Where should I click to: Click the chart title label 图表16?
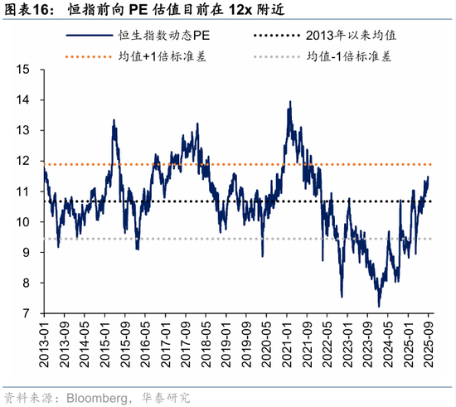30,12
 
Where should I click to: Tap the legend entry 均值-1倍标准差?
348,58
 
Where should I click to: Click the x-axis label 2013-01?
45,343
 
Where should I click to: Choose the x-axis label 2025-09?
429,343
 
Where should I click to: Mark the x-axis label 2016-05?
145,343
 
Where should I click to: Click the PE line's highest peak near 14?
289,102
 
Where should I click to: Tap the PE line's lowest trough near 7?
379,307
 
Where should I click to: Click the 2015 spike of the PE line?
114,120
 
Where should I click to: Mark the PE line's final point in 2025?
429,177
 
